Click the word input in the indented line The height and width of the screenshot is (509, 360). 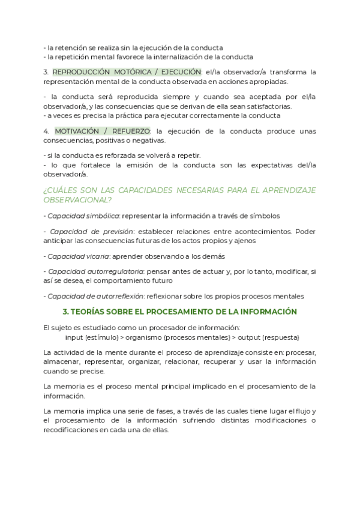pos(74,337)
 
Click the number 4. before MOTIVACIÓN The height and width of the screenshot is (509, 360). pos(46,131)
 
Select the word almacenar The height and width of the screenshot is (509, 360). pos(62,362)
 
